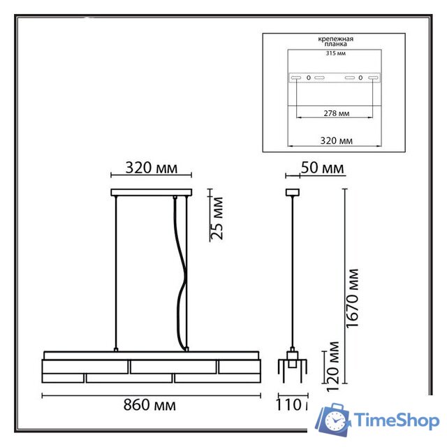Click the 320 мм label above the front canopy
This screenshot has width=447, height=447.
click(x=150, y=168)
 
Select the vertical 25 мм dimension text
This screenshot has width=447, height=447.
click(x=217, y=219)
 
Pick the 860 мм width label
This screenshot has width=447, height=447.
click(x=150, y=405)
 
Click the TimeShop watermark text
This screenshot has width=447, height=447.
click(x=396, y=420)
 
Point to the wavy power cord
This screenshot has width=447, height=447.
click(x=182, y=279)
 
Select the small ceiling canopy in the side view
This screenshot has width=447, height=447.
click(x=293, y=192)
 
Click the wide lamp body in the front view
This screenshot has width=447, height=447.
click(x=151, y=367)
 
